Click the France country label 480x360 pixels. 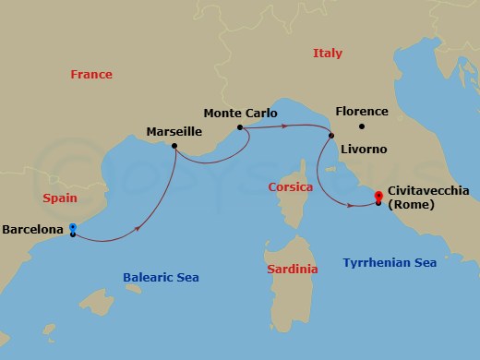91,74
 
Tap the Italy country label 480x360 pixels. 328,54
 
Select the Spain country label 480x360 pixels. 59,198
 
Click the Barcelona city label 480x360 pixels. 33,228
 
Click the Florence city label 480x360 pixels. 362,112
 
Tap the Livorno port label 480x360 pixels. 364,149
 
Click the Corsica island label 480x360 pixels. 289,186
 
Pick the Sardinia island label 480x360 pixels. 292,269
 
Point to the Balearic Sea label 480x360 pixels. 161,277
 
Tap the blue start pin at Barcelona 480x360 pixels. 73,227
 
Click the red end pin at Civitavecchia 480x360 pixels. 378,196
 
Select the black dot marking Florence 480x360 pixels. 362,126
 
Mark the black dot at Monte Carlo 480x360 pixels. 239,127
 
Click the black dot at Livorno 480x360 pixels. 330,137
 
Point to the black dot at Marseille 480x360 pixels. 177,145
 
